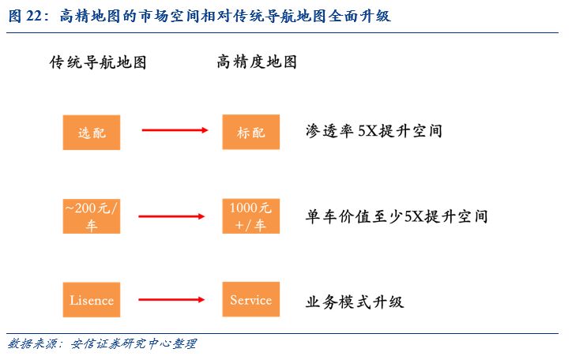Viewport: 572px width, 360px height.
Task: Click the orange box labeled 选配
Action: point(92,133)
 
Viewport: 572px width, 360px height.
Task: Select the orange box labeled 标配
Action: point(251,133)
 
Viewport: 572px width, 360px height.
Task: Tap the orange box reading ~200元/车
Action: point(92,216)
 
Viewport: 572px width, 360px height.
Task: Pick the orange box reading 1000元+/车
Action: point(251,216)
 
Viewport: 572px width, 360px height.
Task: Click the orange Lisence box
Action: point(92,301)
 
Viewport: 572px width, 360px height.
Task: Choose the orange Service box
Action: point(251,301)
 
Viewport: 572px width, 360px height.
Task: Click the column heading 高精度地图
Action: point(257,62)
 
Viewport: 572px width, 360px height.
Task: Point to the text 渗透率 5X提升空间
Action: point(374,131)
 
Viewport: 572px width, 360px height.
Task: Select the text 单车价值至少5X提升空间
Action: point(397,216)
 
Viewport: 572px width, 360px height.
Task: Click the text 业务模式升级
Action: point(355,301)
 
